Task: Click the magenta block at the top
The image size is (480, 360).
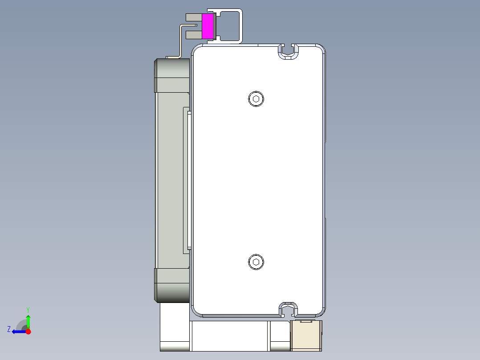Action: (x=207, y=26)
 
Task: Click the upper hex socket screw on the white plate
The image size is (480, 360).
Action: (x=256, y=98)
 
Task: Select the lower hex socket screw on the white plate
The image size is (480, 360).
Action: (x=256, y=262)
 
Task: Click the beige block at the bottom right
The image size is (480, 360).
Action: (x=305, y=337)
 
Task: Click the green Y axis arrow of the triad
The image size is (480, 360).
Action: (x=28, y=320)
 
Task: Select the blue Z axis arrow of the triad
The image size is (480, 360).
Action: (x=18, y=331)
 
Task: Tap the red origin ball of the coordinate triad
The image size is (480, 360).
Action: (x=28, y=331)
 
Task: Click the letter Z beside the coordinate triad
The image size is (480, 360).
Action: (x=9, y=329)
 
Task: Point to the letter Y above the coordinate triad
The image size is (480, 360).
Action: (x=28, y=309)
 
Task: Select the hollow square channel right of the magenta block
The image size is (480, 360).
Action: (x=230, y=26)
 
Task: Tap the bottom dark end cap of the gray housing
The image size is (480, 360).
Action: (x=172, y=285)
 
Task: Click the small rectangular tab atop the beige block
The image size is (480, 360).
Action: (x=305, y=321)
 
